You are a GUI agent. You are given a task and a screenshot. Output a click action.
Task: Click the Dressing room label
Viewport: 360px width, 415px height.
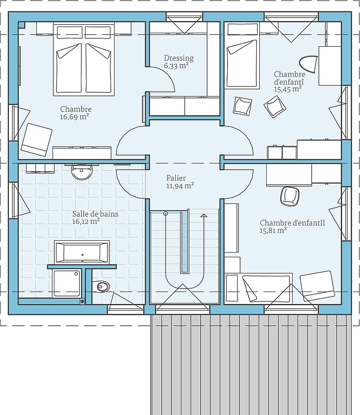point(178,58)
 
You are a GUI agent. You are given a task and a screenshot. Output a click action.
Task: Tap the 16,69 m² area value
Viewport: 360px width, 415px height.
point(74,117)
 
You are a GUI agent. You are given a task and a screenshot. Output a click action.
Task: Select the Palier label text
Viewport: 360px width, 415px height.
point(176,178)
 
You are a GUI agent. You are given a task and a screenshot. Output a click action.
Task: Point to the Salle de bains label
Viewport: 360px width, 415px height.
point(95,214)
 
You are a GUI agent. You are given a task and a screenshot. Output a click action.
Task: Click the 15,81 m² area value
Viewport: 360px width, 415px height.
point(273,230)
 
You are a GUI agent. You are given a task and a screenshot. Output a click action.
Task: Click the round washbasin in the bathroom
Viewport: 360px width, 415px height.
point(82,171)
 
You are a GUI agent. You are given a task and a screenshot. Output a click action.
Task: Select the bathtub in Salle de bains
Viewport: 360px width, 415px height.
point(82,252)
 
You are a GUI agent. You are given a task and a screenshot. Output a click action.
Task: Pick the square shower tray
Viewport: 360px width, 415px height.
point(67,283)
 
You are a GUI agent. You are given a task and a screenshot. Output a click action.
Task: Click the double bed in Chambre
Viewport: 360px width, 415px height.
point(84,59)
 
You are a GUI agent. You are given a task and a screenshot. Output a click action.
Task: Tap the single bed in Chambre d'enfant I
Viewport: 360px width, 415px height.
point(242,56)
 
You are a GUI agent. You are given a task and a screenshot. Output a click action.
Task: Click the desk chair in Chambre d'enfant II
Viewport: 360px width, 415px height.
point(290,196)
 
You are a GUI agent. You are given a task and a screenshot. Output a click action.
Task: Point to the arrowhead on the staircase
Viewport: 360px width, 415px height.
point(203,215)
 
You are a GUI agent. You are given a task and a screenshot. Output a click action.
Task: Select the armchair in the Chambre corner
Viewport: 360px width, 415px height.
point(36,140)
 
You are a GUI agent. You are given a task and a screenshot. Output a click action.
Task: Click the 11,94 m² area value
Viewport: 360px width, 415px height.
point(180,186)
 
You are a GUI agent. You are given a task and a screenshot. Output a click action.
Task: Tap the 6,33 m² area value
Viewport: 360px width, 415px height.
point(176,66)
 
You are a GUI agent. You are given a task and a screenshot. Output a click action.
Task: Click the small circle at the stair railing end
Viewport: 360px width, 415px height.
point(165,213)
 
